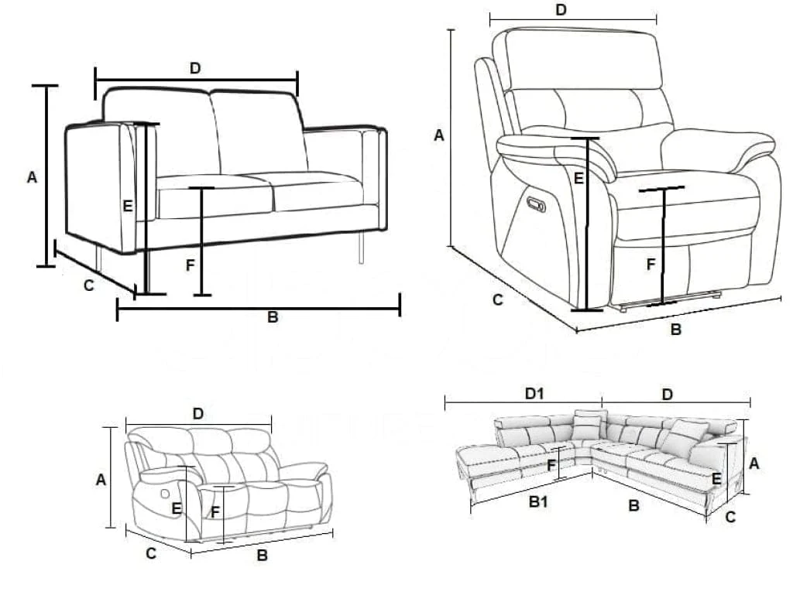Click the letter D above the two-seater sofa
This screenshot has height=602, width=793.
click(x=195, y=68)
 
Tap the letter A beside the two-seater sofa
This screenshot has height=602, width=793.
click(x=32, y=177)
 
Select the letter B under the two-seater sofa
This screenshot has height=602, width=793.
click(x=273, y=317)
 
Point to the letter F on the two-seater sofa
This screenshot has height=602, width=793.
click(x=190, y=265)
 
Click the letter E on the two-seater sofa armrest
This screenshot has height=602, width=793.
click(x=129, y=206)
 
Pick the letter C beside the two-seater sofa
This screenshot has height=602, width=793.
click(x=88, y=286)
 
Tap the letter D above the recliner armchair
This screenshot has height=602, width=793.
click(x=561, y=9)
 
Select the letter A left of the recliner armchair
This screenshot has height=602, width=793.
click(x=439, y=135)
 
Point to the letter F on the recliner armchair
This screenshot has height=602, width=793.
click(x=651, y=265)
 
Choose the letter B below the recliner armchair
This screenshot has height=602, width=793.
click(x=675, y=330)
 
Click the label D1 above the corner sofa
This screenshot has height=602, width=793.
click(x=534, y=394)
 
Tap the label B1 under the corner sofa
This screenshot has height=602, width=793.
click(x=538, y=502)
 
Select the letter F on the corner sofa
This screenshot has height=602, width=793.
click(x=551, y=466)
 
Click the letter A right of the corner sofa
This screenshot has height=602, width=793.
click(x=754, y=463)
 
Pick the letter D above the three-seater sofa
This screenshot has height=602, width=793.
click(x=198, y=414)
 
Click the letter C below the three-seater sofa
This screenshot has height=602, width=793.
click(x=152, y=553)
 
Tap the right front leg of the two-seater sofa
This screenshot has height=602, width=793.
click(x=362, y=248)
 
